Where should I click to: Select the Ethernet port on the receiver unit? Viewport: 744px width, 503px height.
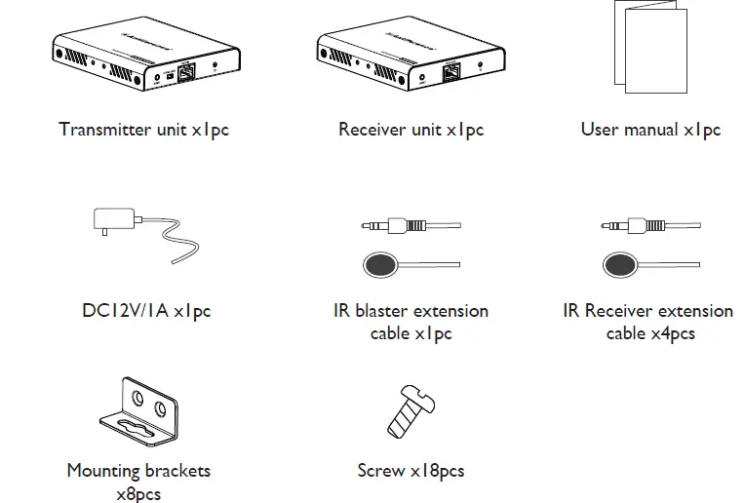click(452, 71)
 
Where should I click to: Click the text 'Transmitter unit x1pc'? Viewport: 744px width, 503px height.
click(143, 130)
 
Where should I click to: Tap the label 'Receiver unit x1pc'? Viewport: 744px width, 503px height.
click(411, 130)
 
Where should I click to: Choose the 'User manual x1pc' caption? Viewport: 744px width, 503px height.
click(650, 130)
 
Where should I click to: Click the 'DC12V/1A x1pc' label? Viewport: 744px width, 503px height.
click(146, 312)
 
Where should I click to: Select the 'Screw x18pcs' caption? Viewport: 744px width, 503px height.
click(411, 472)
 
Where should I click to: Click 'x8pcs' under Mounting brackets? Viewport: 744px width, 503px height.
click(138, 494)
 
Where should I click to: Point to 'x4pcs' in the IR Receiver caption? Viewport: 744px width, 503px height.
click(672, 334)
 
